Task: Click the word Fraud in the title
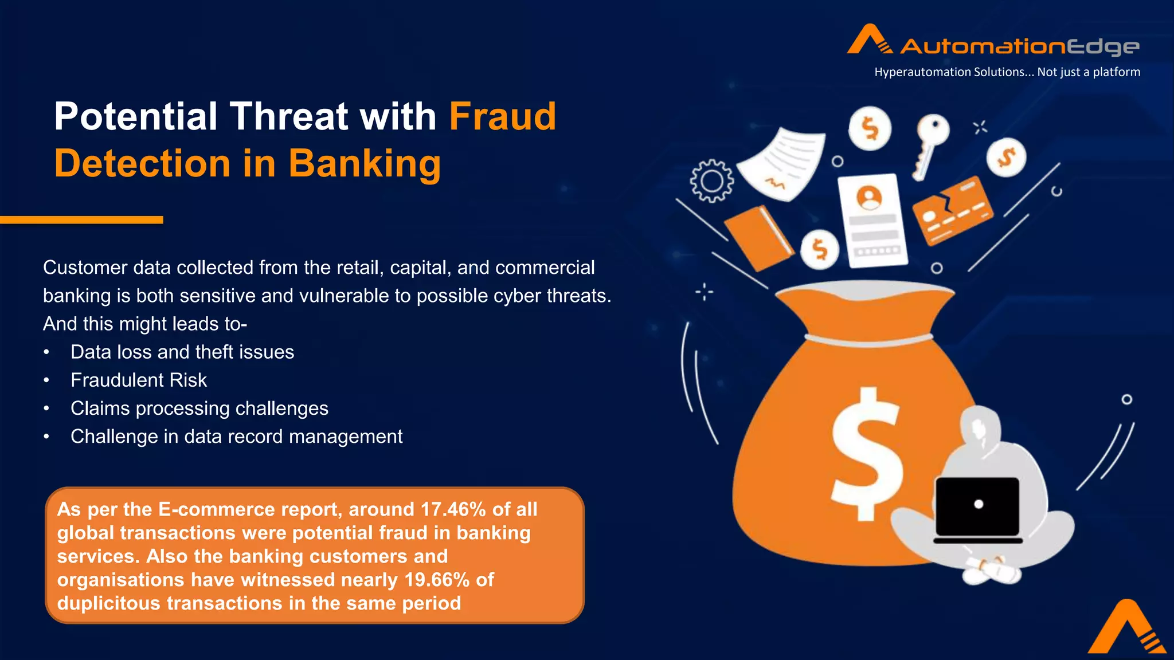click(502, 117)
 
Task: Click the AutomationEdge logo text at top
click(1019, 46)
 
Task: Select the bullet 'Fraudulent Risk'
click(138, 380)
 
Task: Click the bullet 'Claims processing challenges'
click(199, 408)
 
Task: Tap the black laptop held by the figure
click(977, 508)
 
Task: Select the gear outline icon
click(711, 181)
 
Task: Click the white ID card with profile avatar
click(872, 220)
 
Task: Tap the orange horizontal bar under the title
click(81, 220)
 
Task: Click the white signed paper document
click(782, 163)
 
